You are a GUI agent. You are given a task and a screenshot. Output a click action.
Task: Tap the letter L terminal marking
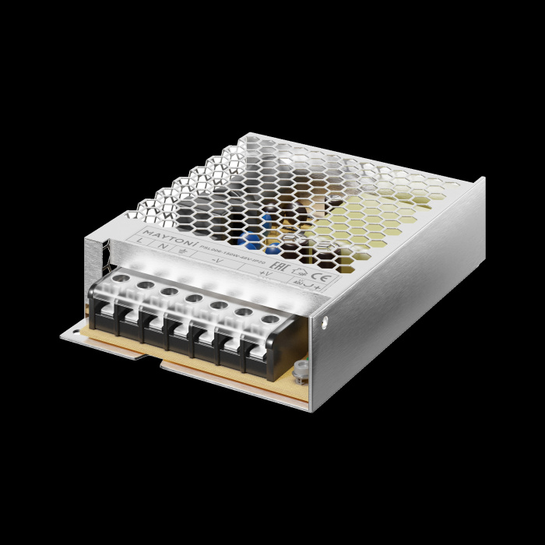(140, 244)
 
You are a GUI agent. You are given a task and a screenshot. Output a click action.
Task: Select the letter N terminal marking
(162, 248)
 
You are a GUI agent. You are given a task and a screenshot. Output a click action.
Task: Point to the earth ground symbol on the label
(182, 251)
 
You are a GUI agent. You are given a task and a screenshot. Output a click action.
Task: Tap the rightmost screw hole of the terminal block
(269, 319)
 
